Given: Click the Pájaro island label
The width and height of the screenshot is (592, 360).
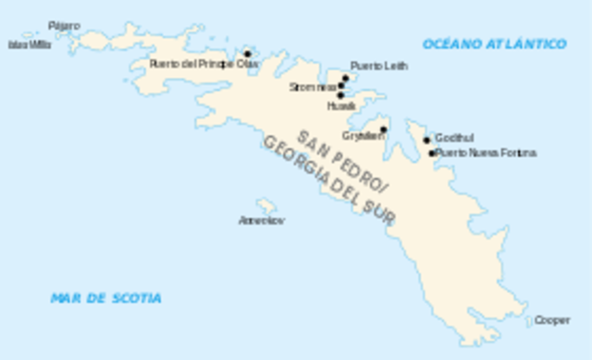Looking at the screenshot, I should tap(64, 25).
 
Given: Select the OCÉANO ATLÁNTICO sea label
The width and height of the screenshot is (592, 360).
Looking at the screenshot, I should tap(494, 43).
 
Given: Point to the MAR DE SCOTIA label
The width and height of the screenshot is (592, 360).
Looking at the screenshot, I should tap(105, 298).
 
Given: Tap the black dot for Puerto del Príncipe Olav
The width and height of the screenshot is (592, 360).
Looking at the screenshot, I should tap(247, 54).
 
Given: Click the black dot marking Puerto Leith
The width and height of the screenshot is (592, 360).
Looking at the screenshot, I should tap(345, 78).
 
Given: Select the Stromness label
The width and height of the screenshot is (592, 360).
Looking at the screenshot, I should tap(313, 87).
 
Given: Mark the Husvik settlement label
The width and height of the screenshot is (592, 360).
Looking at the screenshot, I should tap(340, 106).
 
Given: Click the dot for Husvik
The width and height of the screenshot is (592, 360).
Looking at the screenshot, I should tap(340, 94).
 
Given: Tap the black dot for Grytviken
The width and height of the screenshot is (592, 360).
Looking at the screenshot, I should tap(383, 130).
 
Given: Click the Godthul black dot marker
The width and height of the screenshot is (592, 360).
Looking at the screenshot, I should tap(427, 141).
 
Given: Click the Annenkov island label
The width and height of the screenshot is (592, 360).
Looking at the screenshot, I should tap(262, 220).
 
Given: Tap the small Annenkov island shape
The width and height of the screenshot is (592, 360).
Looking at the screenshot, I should tap(266, 205).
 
